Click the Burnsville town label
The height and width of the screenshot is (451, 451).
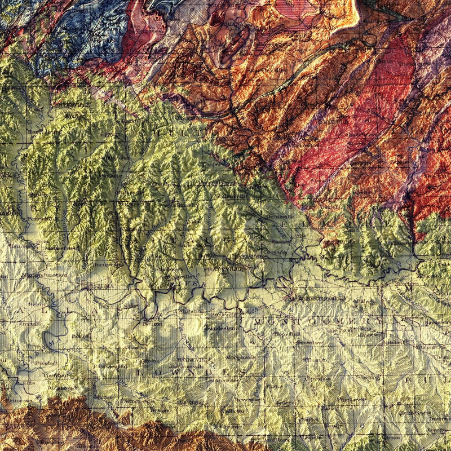click(x=104, y=263)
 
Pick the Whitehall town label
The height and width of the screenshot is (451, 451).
click(x=187, y=311)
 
